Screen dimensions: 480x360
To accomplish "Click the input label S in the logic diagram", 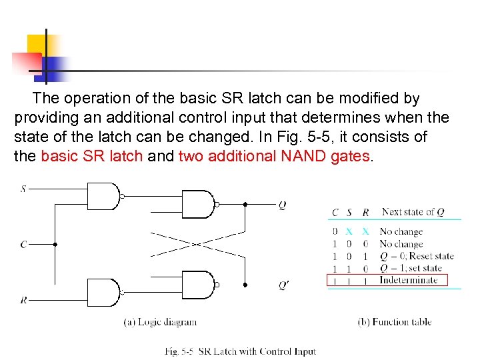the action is (23, 189).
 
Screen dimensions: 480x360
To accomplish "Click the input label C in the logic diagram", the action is (23, 245).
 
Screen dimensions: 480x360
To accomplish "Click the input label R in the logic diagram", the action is (23, 300).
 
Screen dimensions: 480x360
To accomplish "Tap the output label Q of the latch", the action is (283, 205).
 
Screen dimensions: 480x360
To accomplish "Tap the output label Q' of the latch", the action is (285, 285).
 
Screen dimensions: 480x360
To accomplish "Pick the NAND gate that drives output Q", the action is (198, 205).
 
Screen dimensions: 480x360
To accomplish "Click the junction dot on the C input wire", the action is (55, 245).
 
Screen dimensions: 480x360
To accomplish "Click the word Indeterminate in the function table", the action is (408, 280).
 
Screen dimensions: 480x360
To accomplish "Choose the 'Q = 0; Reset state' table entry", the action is (416, 256).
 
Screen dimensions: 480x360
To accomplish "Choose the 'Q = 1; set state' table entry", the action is (411, 268).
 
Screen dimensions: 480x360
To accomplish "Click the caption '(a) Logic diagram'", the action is (160, 322).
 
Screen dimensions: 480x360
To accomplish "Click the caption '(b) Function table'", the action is (394, 322).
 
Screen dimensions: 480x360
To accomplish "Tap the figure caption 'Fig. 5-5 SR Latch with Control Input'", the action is (240, 351).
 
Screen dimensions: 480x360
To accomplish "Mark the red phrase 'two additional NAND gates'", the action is (273, 157).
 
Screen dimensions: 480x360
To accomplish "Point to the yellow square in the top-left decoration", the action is (39, 45).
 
